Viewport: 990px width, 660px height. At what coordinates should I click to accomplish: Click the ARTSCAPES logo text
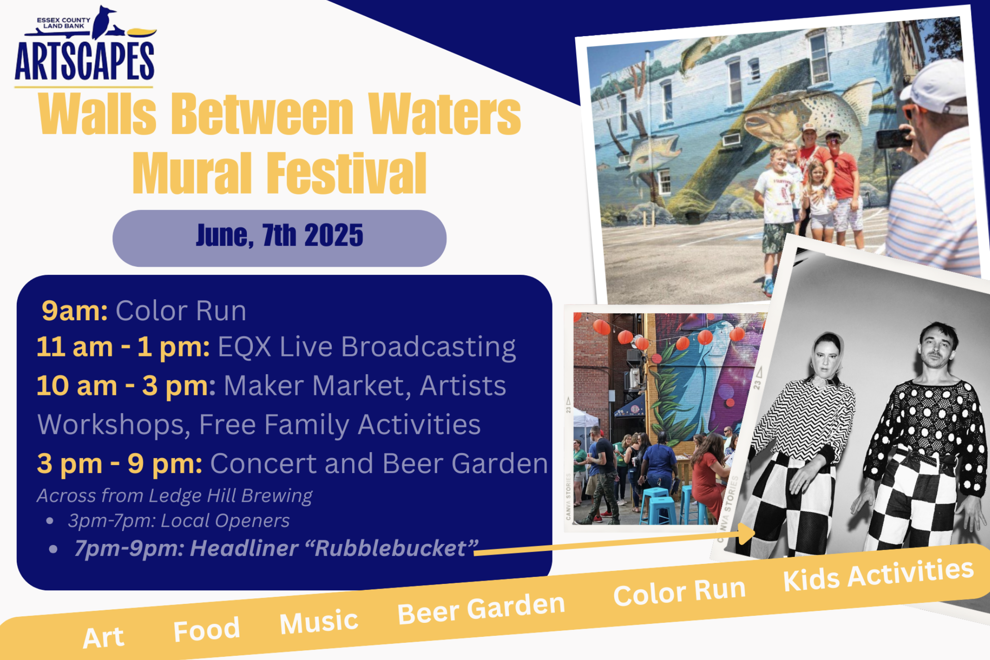84,61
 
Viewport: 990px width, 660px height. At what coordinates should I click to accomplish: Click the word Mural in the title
193,173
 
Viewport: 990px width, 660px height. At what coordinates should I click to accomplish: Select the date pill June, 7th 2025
279,238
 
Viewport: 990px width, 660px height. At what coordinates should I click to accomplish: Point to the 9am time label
75,311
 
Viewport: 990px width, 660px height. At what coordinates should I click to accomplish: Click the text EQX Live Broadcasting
367,347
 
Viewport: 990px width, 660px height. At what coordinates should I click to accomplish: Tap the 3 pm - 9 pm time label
120,464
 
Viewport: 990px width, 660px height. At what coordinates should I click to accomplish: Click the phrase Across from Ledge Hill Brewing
174,496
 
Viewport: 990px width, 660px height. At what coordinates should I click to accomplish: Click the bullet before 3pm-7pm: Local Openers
50,521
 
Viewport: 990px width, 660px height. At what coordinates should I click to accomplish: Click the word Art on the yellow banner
103,638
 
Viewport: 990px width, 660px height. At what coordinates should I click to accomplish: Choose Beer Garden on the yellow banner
481,608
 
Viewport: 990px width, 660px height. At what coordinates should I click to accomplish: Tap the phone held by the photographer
893,138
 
